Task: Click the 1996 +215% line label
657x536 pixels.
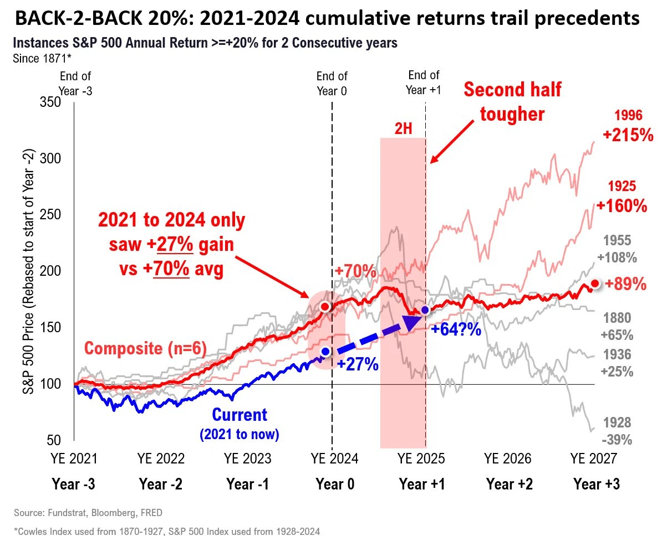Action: click(x=628, y=126)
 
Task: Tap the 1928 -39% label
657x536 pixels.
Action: click(x=618, y=431)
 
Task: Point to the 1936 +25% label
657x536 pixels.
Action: click(x=618, y=363)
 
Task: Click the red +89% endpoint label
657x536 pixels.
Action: click(x=626, y=285)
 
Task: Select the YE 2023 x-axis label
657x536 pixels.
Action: click(x=248, y=458)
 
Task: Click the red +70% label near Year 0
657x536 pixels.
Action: click(x=356, y=271)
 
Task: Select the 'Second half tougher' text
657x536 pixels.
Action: click(x=512, y=101)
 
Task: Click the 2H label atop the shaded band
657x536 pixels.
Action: click(x=403, y=128)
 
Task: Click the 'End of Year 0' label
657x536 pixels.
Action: click(x=332, y=83)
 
